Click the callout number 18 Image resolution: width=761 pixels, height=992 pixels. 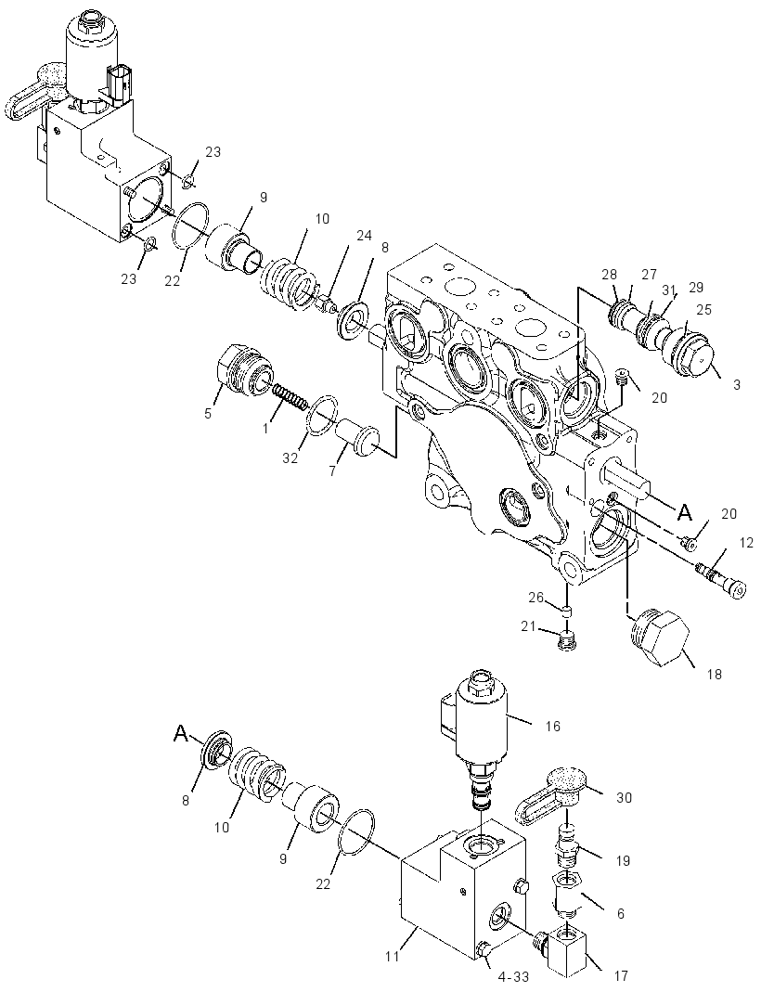pos(714,675)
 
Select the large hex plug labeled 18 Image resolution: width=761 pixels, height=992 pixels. pos(660,638)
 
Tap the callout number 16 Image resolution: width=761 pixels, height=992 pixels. pos(552,726)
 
